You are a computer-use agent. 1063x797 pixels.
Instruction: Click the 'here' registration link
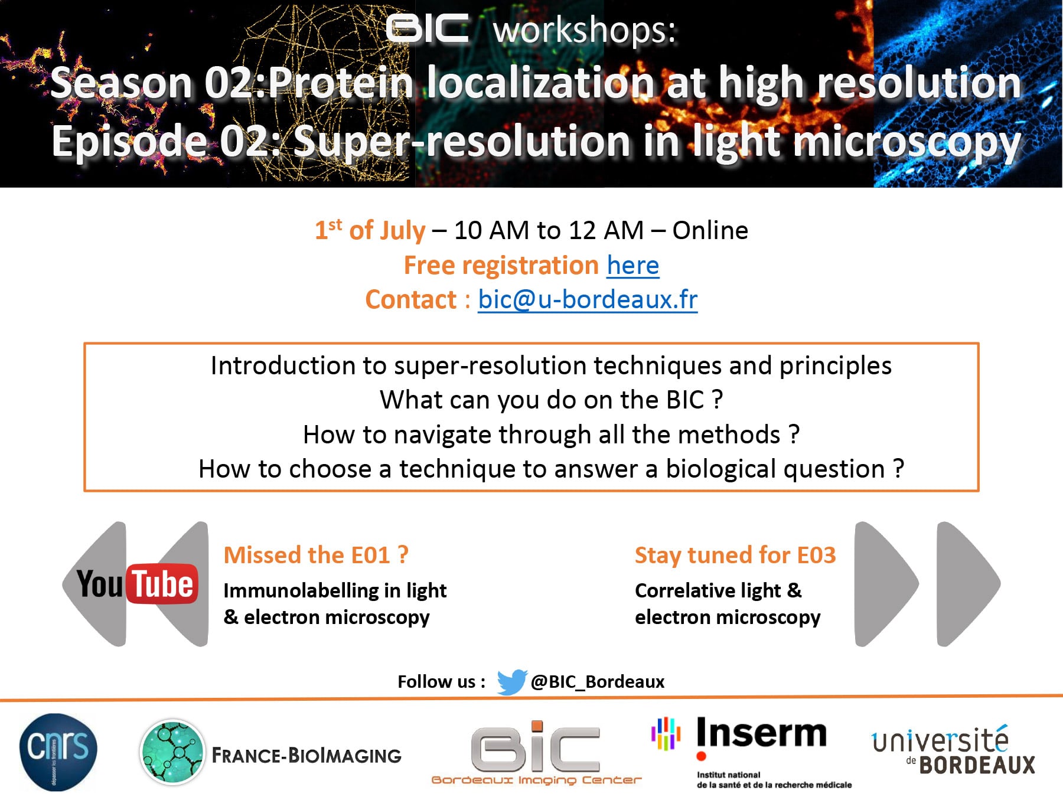point(633,266)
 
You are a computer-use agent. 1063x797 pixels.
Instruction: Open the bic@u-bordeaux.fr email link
point(588,300)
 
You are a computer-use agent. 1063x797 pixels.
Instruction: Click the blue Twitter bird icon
point(511,682)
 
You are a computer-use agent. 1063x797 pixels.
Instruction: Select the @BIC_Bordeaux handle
point(598,682)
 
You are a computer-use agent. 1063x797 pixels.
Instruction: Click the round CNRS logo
point(58,752)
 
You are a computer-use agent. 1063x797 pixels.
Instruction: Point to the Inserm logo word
point(762,734)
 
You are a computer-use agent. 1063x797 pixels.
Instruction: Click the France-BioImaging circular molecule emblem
point(172,752)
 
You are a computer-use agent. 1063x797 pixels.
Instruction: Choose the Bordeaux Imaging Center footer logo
point(536,753)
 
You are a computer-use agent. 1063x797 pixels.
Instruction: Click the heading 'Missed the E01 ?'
point(316,556)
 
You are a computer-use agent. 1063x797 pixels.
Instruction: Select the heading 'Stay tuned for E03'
point(735,556)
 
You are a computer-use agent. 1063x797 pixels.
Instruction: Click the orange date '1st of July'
point(370,230)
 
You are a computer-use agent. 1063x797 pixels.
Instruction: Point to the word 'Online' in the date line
point(710,230)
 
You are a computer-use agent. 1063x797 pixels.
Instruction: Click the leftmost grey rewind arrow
point(94,584)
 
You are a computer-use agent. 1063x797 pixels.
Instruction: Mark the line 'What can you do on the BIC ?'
point(552,400)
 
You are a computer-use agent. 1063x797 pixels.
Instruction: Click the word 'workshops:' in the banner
point(585,31)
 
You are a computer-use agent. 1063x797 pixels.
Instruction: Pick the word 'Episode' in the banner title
point(129,142)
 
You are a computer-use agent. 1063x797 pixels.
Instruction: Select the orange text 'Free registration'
point(501,266)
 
